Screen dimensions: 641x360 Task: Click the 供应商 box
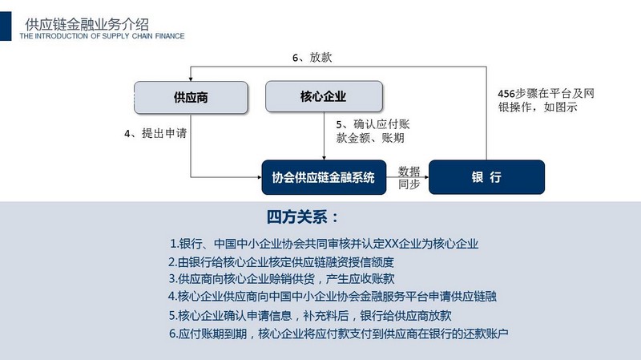pyautogui.click(x=191, y=97)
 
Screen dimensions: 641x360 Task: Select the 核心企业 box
pyautogui.click(x=324, y=96)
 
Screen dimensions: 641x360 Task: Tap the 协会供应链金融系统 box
pyautogui.click(x=324, y=177)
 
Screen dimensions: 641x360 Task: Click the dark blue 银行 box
pyautogui.click(x=486, y=177)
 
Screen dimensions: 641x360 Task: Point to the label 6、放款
pyautogui.click(x=312, y=57)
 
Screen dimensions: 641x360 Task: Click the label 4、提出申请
pyautogui.click(x=155, y=133)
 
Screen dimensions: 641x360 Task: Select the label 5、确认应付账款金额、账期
pyautogui.click(x=373, y=131)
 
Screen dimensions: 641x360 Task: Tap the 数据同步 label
pyautogui.click(x=409, y=177)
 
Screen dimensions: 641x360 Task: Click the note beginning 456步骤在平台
pyautogui.click(x=546, y=100)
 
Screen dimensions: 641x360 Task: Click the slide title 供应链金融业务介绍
pyautogui.click(x=87, y=25)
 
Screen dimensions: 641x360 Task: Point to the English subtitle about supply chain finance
pyautogui.click(x=102, y=36)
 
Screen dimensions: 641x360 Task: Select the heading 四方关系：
pyautogui.click(x=303, y=216)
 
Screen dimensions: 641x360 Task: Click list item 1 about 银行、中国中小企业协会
pyautogui.click(x=325, y=244)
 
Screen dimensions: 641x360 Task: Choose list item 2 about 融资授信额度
pyautogui.click(x=281, y=262)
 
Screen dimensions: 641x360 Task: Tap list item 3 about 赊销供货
pyautogui.click(x=282, y=279)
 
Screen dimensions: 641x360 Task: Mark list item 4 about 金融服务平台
pyautogui.click(x=333, y=296)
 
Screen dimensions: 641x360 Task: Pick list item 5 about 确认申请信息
pyautogui.click(x=310, y=315)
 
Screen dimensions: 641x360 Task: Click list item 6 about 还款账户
pyautogui.click(x=338, y=334)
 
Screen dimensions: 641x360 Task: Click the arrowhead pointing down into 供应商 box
pyautogui.click(x=191, y=79)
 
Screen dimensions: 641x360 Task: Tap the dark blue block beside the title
pyautogui.click(x=6, y=26)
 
